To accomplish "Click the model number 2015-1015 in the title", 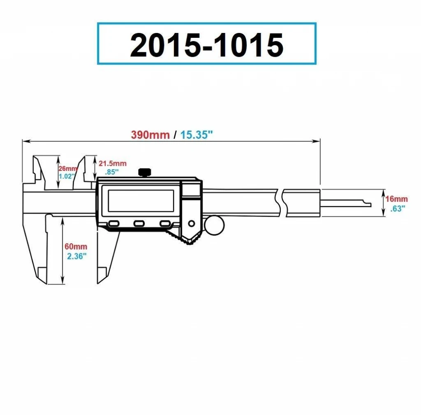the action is [206, 45].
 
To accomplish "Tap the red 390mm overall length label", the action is [150, 135].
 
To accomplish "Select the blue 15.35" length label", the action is [197, 135].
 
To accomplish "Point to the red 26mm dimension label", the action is [68, 168].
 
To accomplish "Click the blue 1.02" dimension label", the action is [67, 176].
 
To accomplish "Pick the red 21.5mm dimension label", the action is [113, 163].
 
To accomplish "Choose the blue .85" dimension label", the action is [112, 172].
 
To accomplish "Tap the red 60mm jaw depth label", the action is [76, 247].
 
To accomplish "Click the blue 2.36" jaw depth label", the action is [77, 256].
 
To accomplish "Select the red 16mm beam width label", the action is [397, 199].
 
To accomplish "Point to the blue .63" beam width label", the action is [398, 208].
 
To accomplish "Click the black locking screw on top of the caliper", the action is [144, 173].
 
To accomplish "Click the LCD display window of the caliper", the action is [141, 201].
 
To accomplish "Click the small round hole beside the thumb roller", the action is [192, 224].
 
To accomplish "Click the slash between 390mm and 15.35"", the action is [175, 135].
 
